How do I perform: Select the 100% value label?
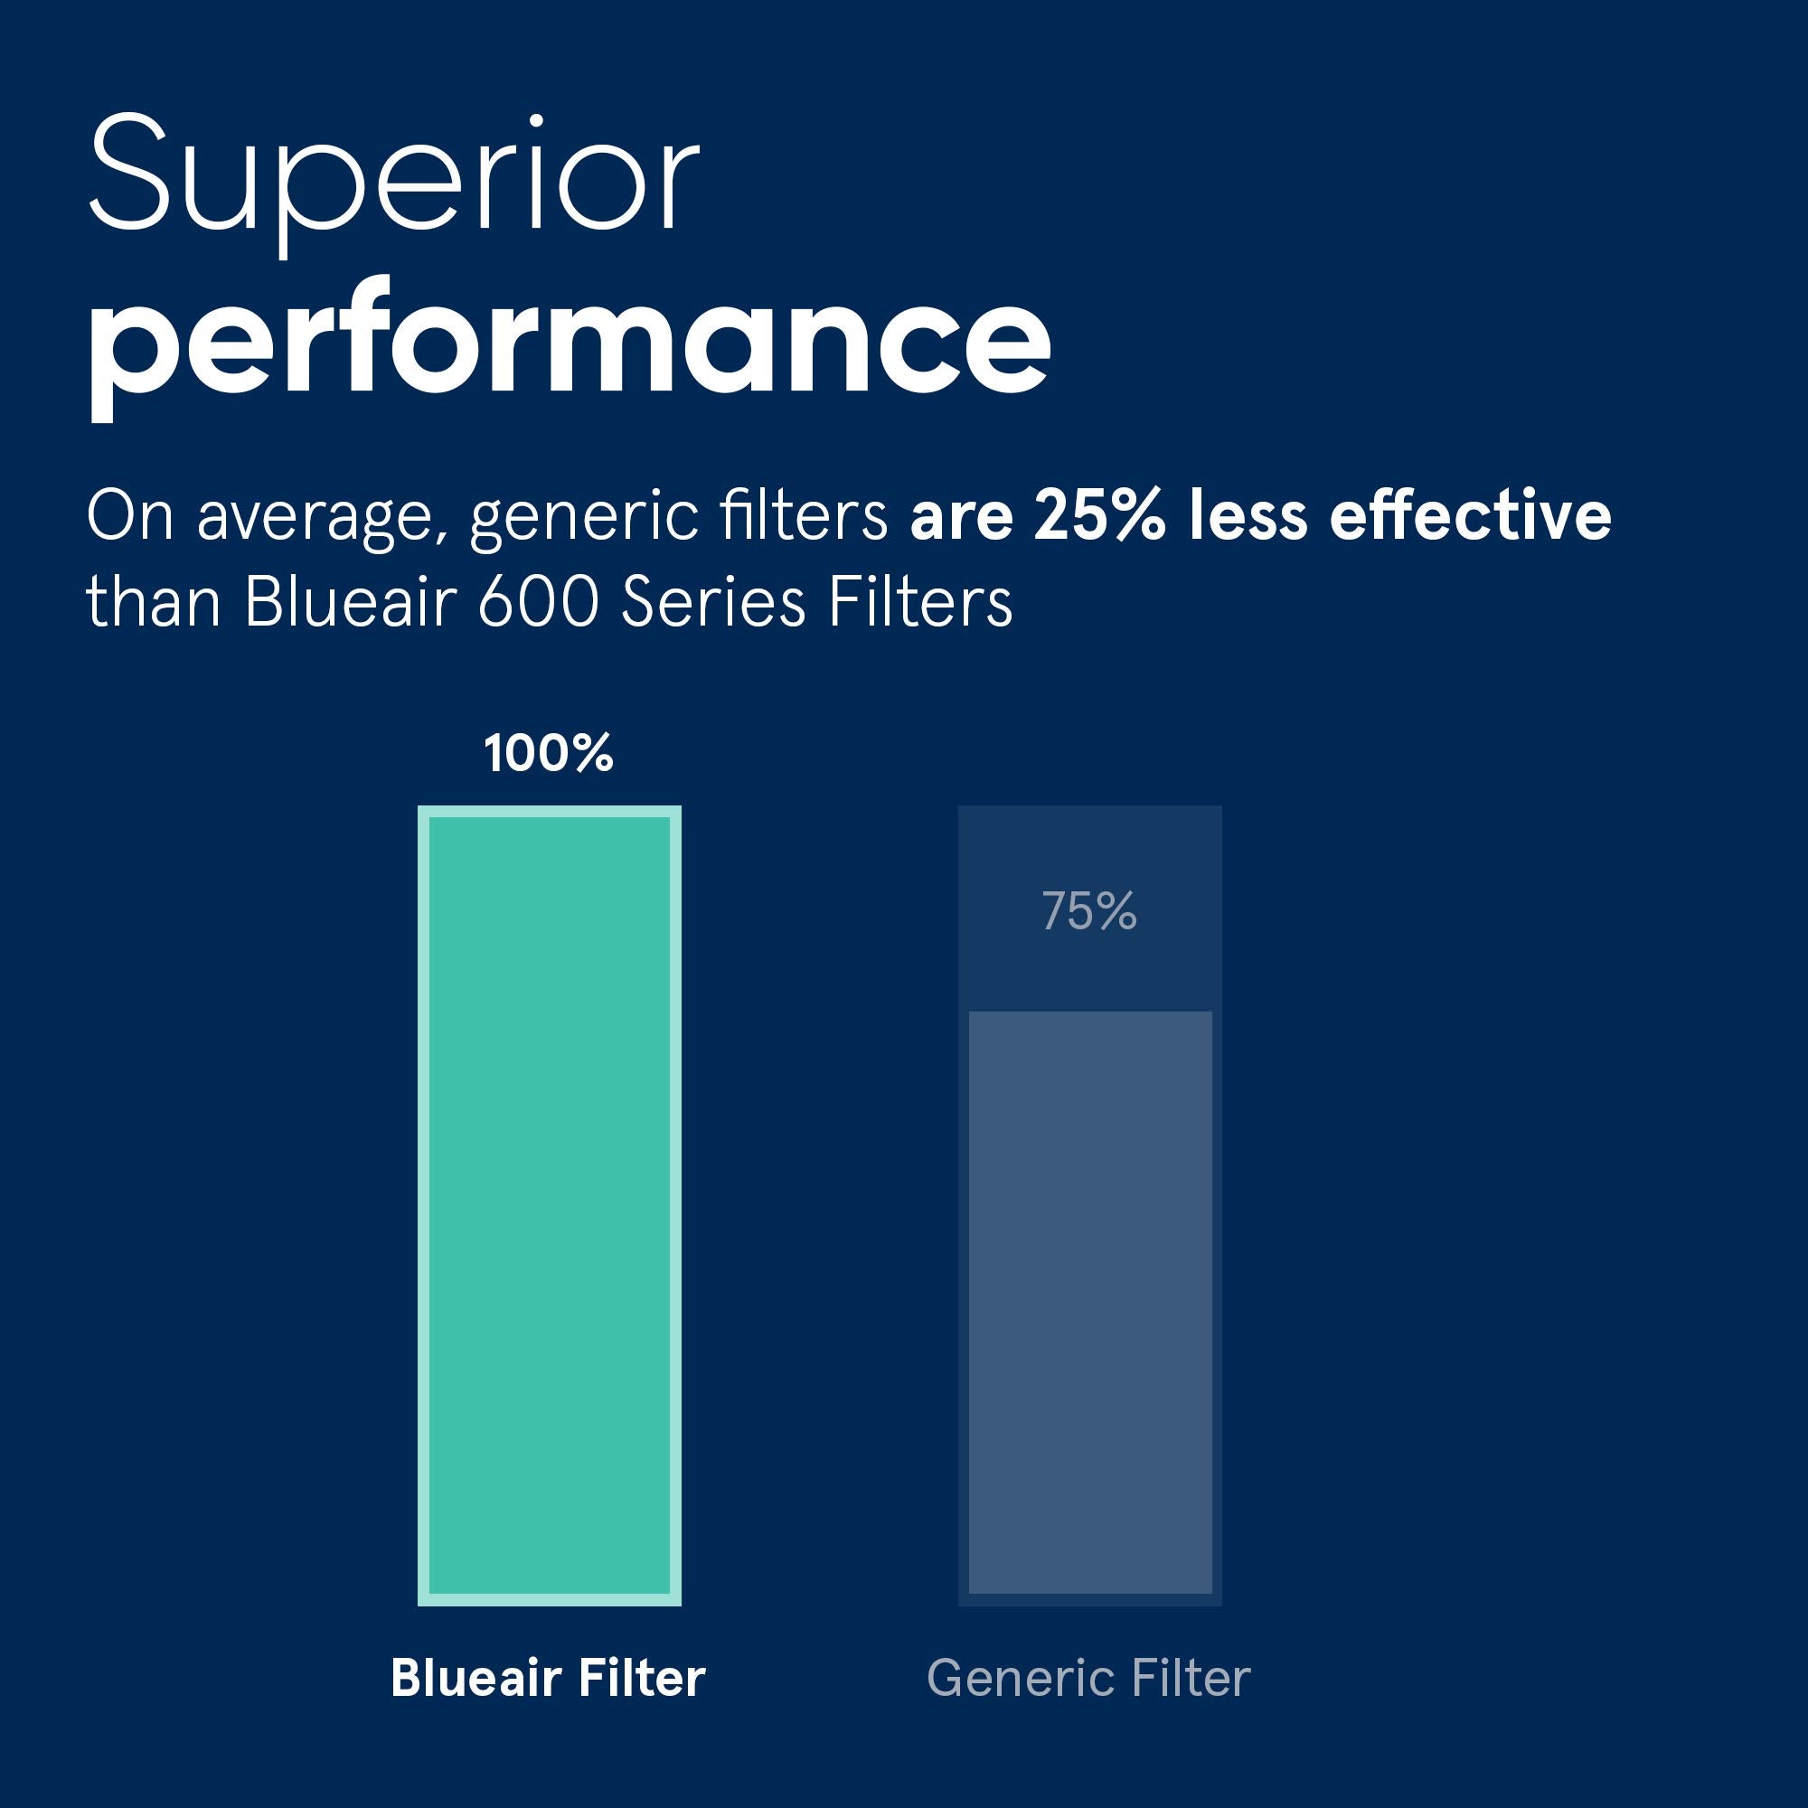(549, 753)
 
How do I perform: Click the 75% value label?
(1088, 910)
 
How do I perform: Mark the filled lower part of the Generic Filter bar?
(1090, 1301)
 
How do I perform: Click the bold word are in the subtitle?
(961, 517)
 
